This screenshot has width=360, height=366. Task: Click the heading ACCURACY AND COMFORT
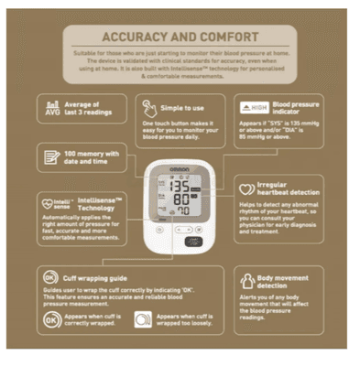pyautogui.click(x=180, y=37)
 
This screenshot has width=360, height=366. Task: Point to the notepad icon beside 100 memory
pyautogui.click(x=52, y=157)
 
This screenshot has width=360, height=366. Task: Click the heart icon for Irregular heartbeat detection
pyautogui.click(x=243, y=187)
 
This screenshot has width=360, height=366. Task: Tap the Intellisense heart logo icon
pyautogui.click(x=53, y=199)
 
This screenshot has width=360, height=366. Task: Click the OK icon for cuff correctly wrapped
pyautogui.click(x=51, y=320)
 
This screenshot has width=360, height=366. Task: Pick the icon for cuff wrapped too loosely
pyautogui.click(x=143, y=320)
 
